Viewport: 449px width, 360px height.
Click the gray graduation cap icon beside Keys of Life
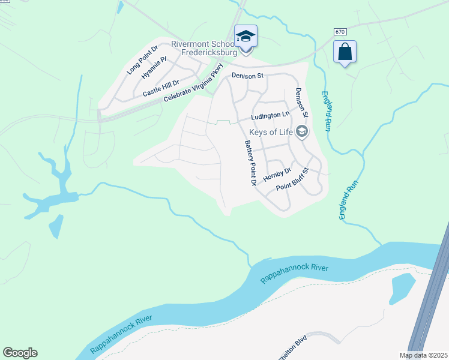302,131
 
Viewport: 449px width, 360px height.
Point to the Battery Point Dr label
250,162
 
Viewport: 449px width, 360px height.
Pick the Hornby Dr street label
277,175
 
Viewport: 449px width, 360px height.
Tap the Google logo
20,353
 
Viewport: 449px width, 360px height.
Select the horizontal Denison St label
248,76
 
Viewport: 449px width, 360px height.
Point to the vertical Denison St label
301,102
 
